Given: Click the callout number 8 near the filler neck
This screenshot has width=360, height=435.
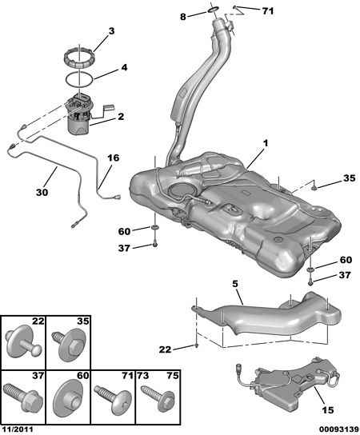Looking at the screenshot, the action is [182, 17].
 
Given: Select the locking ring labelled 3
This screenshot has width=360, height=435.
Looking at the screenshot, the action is [79, 58].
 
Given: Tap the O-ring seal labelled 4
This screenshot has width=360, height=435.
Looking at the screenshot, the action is [79, 79].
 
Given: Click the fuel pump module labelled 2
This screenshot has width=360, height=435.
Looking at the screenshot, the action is [81, 114].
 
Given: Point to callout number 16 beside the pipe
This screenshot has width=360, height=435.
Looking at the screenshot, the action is [114, 158].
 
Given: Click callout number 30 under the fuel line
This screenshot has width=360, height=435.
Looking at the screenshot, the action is [42, 192].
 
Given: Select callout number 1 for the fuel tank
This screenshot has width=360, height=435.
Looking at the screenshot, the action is [266, 143].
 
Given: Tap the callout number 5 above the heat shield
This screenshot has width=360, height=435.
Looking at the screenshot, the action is [235, 284].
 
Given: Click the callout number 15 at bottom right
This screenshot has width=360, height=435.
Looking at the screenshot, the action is [327, 409].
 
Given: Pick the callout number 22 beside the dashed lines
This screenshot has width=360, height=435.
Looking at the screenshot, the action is [165, 349].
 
